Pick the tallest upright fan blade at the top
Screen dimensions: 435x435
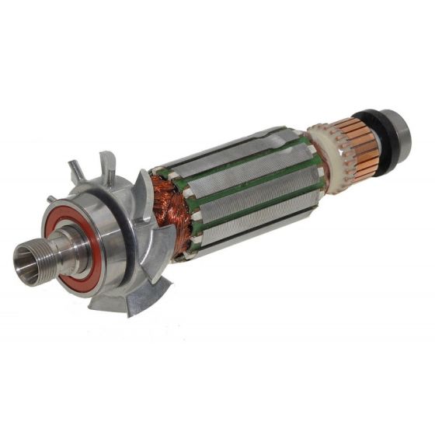coord(107,165)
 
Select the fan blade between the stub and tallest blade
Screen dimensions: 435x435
coord(78,170)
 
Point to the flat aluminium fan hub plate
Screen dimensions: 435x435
coord(117,249)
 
